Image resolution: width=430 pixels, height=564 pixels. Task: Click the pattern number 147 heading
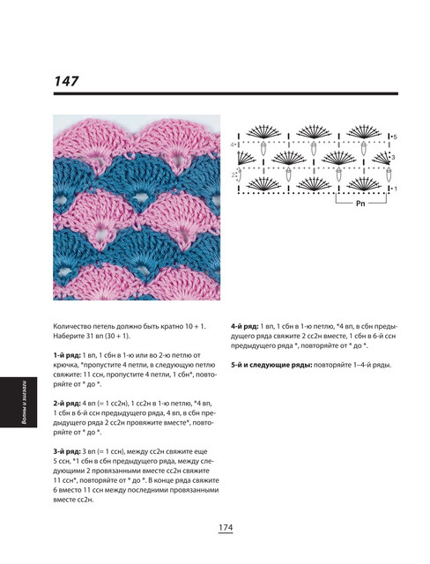[x=66, y=81]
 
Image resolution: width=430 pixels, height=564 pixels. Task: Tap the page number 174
[x=226, y=528]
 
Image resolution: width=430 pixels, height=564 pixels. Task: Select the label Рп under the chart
[x=360, y=204]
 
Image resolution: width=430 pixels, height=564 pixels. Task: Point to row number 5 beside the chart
[x=395, y=137]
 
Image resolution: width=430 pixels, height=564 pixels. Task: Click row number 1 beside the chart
[x=396, y=189]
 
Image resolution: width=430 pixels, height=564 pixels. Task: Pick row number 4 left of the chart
[x=233, y=145]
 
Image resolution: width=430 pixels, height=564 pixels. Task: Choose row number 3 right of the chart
[x=393, y=157]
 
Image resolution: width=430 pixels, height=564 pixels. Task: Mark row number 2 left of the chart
[x=233, y=174]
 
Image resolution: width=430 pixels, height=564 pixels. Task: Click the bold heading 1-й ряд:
[x=67, y=355]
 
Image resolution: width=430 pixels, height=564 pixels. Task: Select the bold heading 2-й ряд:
[x=67, y=404]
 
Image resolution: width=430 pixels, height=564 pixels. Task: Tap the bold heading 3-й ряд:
[x=67, y=451]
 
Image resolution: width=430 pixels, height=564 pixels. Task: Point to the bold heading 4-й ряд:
[x=244, y=327]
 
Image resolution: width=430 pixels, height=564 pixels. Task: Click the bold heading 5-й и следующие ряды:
[x=271, y=365]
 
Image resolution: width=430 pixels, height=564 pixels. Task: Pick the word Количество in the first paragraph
[x=70, y=327]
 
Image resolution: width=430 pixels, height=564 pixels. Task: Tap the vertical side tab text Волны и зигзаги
[x=24, y=402]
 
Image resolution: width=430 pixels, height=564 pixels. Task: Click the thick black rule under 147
[x=226, y=94]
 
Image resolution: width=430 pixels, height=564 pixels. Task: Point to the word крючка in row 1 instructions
[x=63, y=365]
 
